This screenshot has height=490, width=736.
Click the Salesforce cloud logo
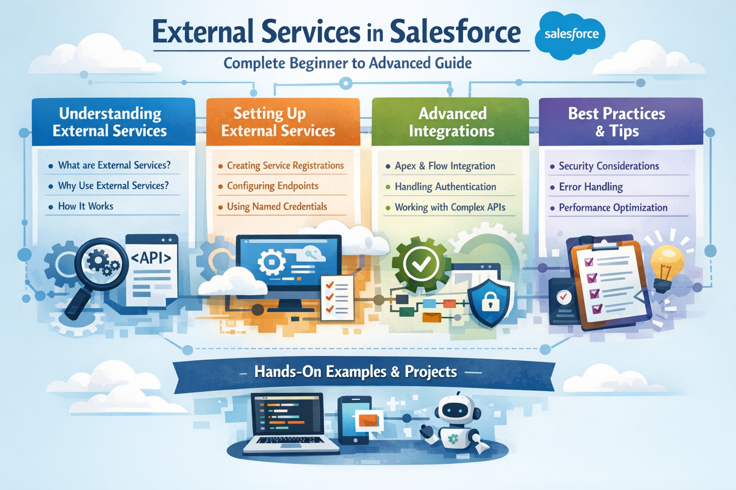tap(571, 34)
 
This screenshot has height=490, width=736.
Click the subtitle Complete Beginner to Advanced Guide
tap(347, 63)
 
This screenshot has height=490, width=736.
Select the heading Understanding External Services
tap(110, 122)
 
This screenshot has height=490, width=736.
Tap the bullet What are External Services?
tap(114, 165)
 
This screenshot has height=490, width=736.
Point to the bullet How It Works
tap(86, 206)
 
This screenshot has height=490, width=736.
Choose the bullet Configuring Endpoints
tap(272, 186)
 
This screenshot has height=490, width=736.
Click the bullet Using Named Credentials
tap(276, 207)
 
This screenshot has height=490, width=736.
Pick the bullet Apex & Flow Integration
tap(445, 166)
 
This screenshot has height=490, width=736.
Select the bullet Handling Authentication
tap(445, 187)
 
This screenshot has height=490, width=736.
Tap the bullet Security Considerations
tap(609, 166)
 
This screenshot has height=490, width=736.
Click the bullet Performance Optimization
tap(613, 208)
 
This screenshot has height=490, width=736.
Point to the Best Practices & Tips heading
tap(617, 122)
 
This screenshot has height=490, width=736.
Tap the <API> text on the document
tap(151, 258)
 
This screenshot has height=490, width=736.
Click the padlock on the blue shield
tap(489, 302)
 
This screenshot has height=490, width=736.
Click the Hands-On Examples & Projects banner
tap(356, 372)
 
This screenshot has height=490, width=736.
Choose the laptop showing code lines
tap(287, 423)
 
